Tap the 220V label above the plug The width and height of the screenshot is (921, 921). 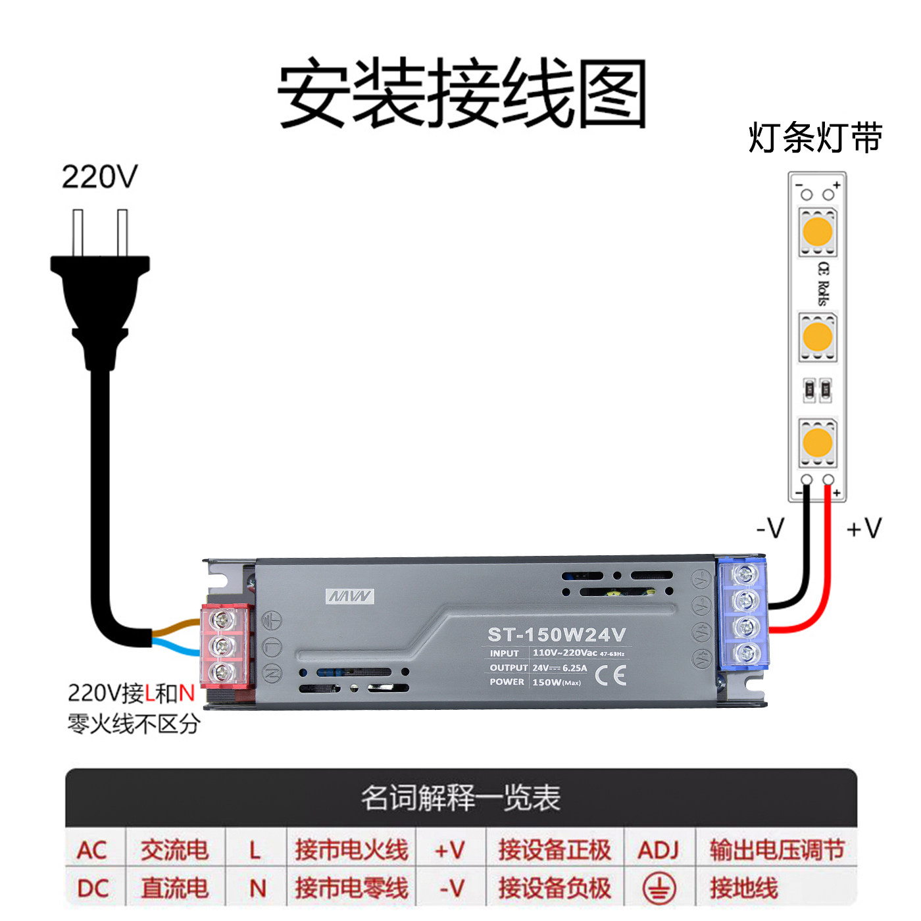tap(99, 176)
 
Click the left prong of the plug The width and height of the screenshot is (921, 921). tap(78, 232)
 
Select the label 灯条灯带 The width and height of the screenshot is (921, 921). tap(815, 138)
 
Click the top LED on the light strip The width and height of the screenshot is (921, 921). tap(818, 232)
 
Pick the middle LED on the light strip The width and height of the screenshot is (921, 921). tap(818, 337)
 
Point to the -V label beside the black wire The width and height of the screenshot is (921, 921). tap(770, 528)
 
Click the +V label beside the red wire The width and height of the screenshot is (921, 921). tap(864, 528)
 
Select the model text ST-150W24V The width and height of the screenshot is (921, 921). tap(557, 635)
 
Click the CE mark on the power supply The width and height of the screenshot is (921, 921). tap(610, 675)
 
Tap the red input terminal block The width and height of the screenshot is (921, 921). tap(225, 646)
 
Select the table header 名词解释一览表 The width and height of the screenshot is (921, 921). tap(460, 798)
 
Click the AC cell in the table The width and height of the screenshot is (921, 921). tap(92, 850)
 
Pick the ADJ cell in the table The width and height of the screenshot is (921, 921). tap(658, 850)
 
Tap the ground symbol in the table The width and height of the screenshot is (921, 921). tap(659, 888)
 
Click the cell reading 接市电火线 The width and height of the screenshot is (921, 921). tap(351, 850)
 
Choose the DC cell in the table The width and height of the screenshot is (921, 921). tap(93, 888)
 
